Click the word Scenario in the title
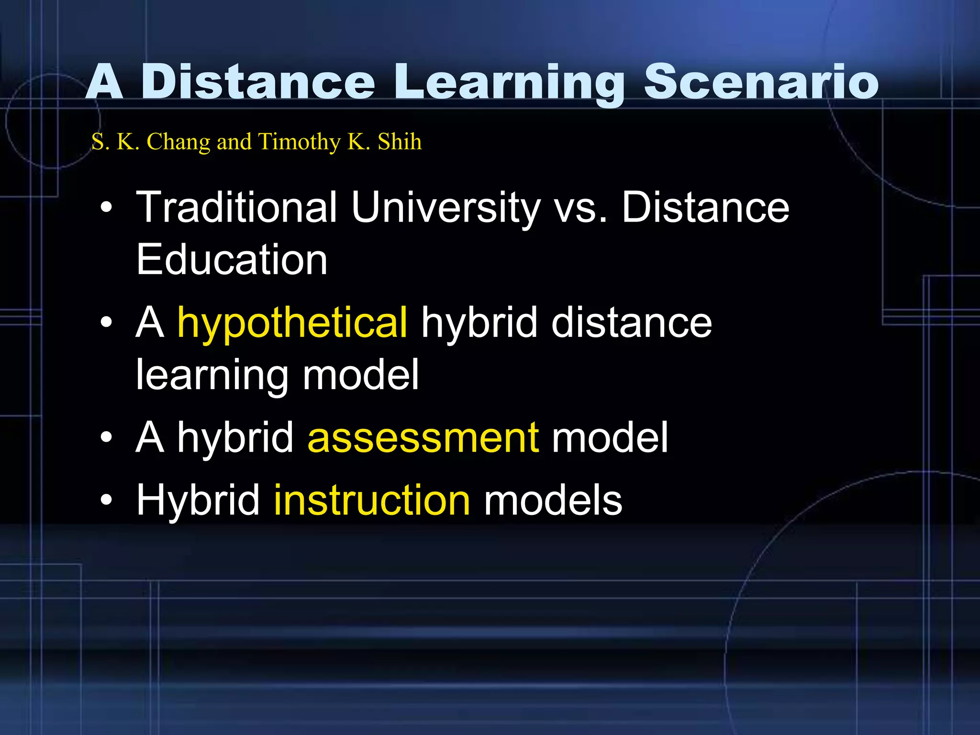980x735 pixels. (761, 82)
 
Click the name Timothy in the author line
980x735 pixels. (299, 142)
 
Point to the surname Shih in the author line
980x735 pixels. (400, 142)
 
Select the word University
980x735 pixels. (445, 208)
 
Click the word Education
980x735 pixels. (232, 259)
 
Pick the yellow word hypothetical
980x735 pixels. (292, 323)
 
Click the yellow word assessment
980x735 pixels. (423, 437)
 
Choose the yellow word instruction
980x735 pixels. (372, 500)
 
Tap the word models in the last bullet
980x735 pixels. (553, 500)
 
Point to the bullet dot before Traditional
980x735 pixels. (106, 207)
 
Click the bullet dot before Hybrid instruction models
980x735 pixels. (106, 501)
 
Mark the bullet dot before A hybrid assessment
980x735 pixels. (106, 438)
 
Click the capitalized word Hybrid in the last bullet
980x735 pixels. (198, 500)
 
